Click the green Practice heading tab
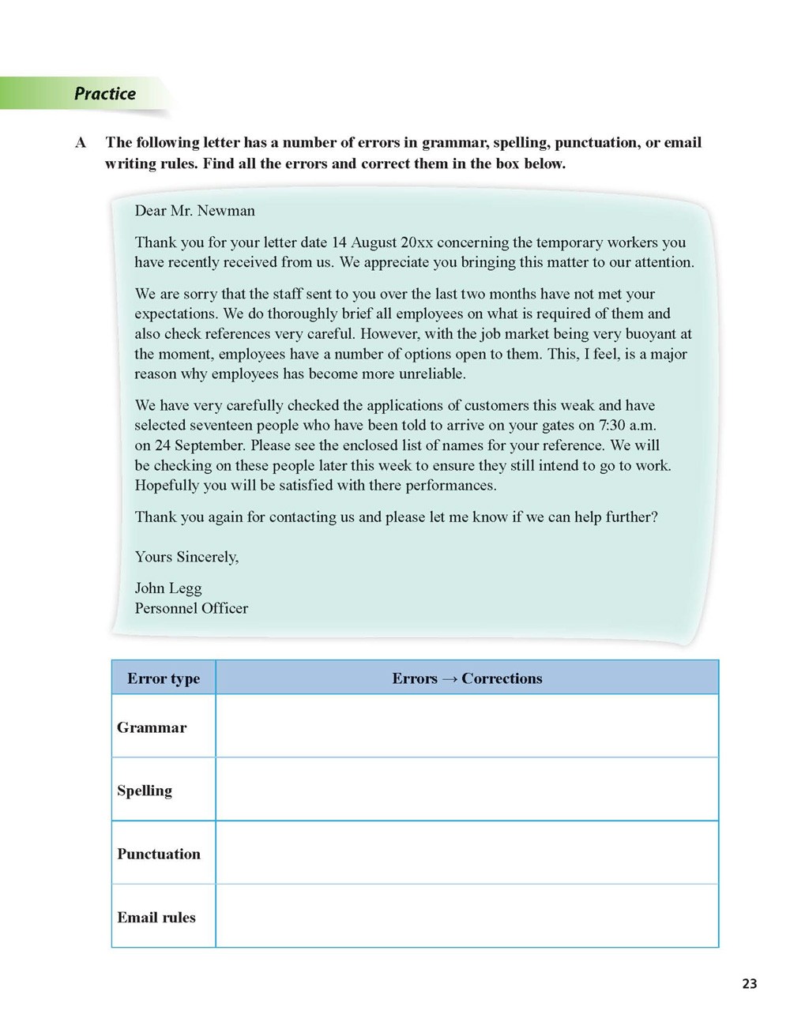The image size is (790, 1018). pyautogui.click(x=104, y=94)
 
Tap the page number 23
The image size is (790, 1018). pyautogui.click(x=749, y=983)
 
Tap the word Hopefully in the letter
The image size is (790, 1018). pyautogui.click(x=167, y=486)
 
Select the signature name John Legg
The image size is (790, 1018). pyautogui.click(x=168, y=588)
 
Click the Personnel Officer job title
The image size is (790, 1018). pyautogui.click(x=191, y=609)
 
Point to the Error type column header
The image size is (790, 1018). pyautogui.click(x=164, y=678)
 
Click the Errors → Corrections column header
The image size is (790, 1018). pyautogui.click(x=467, y=678)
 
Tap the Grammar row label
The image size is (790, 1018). pyautogui.click(x=152, y=727)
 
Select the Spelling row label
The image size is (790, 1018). pyautogui.click(x=145, y=791)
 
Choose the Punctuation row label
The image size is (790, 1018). pyautogui.click(x=159, y=854)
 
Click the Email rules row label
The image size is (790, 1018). pyautogui.click(x=156, y=918)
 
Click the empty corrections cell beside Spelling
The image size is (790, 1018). pyautogui.click(x=467, y=790)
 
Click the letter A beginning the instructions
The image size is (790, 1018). pyautogui.click(x=81, y=143)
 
